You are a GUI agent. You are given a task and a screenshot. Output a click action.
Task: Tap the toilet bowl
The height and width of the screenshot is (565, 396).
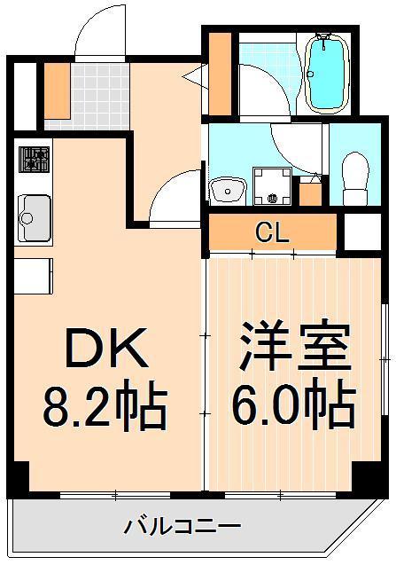coord(355,179)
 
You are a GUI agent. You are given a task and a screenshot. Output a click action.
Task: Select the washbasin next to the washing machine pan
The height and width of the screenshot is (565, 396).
coord(228,191)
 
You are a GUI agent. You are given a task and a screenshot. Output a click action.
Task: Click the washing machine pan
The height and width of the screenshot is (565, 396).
coord(272,186)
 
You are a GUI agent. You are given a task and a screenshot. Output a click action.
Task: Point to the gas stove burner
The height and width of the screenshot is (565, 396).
coord(34,159)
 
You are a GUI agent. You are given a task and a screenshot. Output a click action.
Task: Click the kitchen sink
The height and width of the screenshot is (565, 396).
coord(35,218)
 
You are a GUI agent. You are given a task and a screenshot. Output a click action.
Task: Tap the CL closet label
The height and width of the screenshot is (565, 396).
coord(272,232)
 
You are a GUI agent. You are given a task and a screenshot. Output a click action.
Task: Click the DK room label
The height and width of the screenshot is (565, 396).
coord(107,348)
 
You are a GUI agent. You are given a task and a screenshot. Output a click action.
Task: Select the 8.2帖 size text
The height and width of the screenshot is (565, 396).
coord(105,406)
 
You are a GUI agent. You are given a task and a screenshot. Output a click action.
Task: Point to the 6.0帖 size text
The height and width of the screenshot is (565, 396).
coord(293,404)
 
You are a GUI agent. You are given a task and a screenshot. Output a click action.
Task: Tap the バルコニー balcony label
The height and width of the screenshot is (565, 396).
coord(182,527)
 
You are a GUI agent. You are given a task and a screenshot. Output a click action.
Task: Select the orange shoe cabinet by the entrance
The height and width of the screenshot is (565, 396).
coord(57,90)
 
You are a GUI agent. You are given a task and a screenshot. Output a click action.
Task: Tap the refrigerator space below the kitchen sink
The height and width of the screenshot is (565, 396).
coord(34,276)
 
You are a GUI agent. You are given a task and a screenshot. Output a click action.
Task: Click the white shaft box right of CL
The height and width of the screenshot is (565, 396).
coord(362,231)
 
